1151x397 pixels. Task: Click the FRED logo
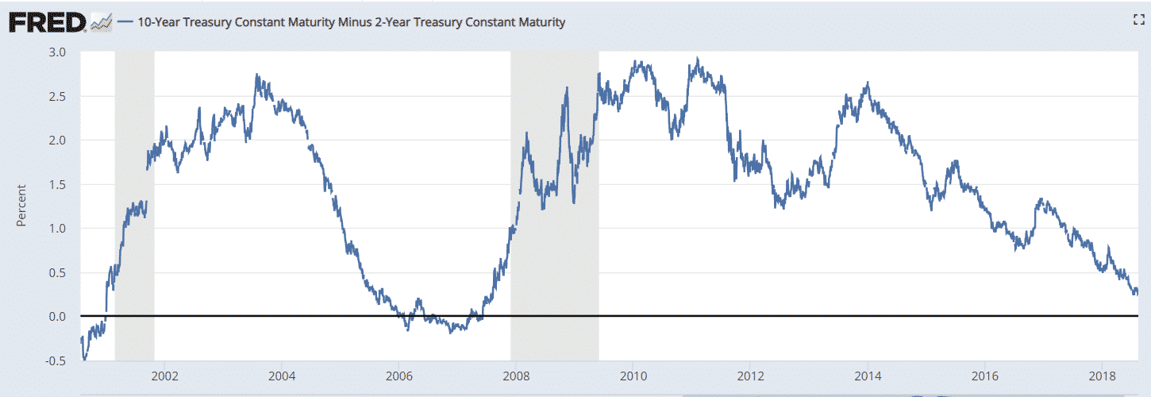pyautogui.click(x=47, y=22)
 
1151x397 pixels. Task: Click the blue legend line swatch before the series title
pyautogui.click(x=125, y=23)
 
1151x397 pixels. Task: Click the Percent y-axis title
pyautogui.click(x=21, y=206)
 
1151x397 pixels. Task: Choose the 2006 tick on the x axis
pyautogui.click(x=398, y=376)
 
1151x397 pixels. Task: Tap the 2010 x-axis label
pyautogui.click(x=633, y=376)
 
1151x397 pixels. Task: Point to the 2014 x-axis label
pyautogui.click(x=868, y=376)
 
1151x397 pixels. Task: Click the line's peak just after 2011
pyautogui.click(x=696, y=58)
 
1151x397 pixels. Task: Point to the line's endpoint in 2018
pyautogui.click(x=1137, y=291)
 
